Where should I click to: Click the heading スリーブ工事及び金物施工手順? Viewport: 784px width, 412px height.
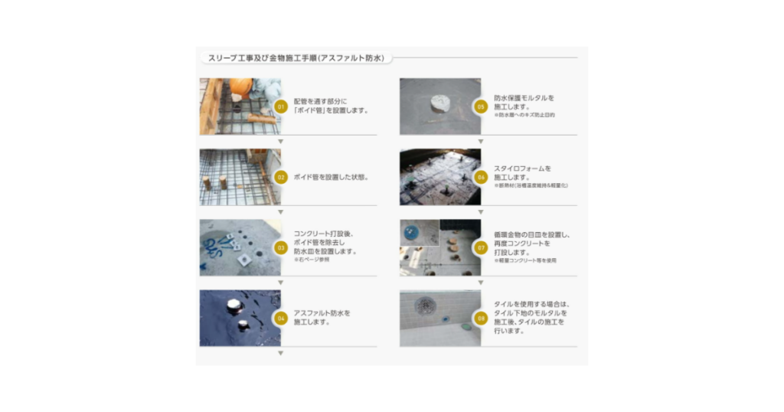296,57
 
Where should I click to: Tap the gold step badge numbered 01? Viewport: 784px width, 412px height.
281,106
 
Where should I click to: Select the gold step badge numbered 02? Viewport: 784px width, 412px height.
281,177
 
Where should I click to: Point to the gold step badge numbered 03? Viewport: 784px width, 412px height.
281,247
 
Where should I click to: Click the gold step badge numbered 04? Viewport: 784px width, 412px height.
281,318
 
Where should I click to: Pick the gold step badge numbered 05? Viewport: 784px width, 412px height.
481,106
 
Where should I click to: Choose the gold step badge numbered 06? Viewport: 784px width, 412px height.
481,177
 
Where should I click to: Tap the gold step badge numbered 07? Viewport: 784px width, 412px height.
481,247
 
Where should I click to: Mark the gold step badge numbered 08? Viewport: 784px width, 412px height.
481,318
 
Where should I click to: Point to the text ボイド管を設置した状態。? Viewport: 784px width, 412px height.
331,177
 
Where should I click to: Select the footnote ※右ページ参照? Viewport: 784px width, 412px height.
311,260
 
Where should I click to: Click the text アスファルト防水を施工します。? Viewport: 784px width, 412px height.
322,318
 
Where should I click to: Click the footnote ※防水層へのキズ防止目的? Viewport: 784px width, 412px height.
524,115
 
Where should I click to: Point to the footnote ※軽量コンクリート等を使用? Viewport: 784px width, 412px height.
525,261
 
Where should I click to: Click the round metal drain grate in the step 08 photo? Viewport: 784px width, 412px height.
426,306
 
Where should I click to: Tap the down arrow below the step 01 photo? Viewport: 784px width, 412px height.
281,142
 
